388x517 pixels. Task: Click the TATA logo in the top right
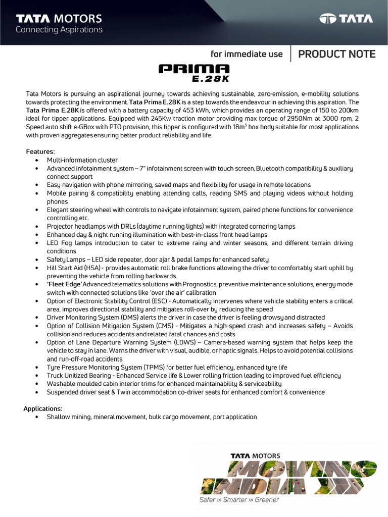(346, 19)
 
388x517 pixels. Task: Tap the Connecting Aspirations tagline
(59, 30)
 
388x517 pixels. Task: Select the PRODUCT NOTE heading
(336, 54)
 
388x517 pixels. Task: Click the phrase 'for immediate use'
(247, 55)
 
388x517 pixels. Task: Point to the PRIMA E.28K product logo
(194, 72)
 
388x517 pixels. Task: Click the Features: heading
(40, 151)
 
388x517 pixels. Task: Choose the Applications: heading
(43, 408)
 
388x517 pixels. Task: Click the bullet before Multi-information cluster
(37, 160)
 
